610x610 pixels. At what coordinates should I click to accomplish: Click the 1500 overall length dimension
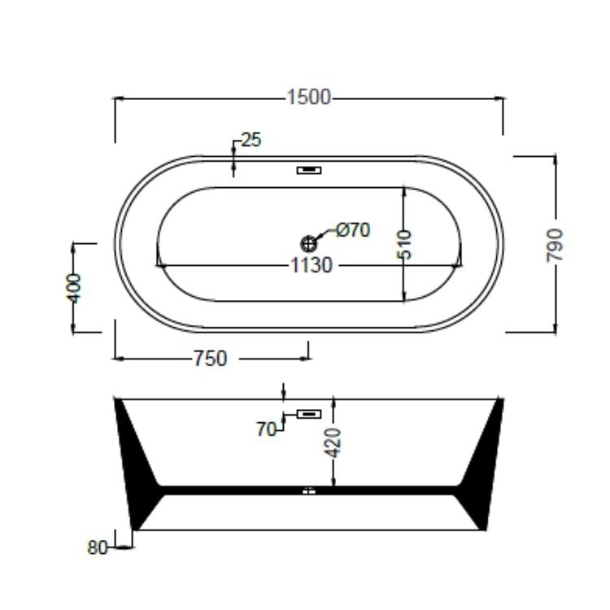coord(309,98)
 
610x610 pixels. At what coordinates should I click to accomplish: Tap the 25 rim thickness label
coord(251,140)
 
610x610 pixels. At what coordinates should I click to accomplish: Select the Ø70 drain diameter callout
coord(353,230)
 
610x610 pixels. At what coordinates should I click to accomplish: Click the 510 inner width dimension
coord(404,244)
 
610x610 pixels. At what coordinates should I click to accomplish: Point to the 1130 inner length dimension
coord(312,266)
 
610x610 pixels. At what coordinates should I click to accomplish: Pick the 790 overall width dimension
coord(555,245)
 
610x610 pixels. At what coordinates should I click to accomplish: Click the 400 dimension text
coord(73,288)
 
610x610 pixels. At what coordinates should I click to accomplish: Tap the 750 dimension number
coord(210,359)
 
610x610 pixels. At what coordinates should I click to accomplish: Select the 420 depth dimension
coord(333,442)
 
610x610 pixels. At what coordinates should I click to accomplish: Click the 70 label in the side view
coord(266,429)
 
